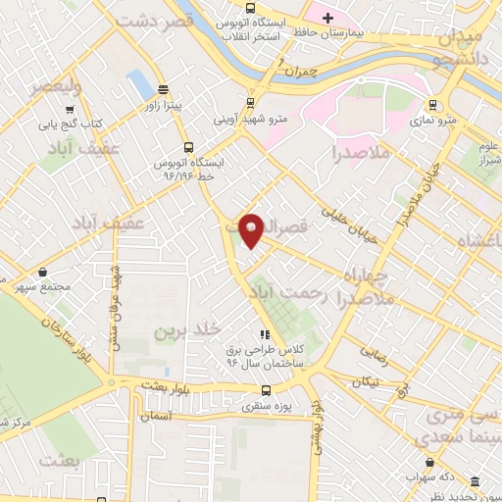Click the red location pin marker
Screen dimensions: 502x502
coord(251,229)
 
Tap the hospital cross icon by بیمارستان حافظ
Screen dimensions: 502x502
coord(328,18)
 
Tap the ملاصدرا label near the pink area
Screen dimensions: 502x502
coord(361,154)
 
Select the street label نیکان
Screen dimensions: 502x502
coord(365,379)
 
